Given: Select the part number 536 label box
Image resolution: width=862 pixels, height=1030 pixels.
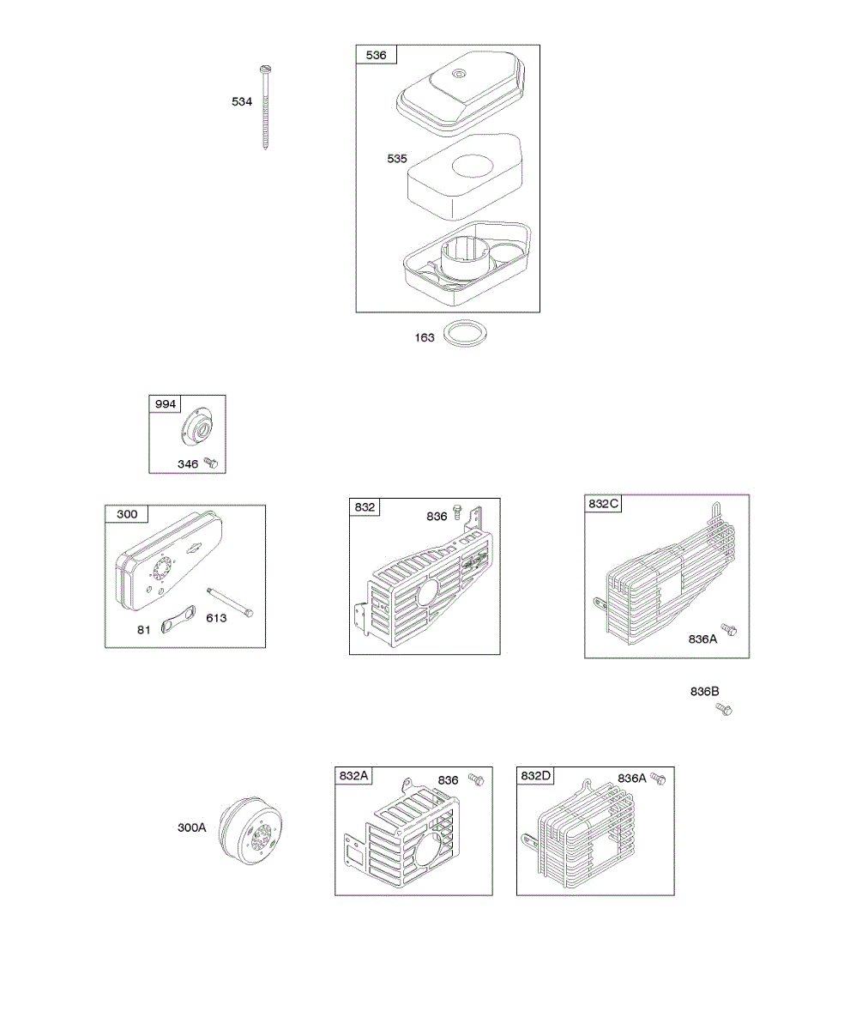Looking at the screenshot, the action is [x=376, y=55].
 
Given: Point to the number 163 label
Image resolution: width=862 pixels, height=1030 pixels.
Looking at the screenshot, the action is [x=425, y=337].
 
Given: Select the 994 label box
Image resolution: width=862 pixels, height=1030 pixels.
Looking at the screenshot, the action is [x=165, y=404].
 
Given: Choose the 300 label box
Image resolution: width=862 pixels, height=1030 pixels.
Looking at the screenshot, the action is [x=126, y=514].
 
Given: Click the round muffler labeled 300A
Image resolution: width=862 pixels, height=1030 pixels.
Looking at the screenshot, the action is [x=250, y=827].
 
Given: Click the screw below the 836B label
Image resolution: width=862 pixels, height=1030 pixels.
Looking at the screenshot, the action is [x=725, y=709].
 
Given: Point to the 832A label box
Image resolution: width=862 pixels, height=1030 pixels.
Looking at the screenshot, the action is [x=353, y=775].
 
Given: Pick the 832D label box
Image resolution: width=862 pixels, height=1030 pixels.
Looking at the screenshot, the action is [x=535, y=775].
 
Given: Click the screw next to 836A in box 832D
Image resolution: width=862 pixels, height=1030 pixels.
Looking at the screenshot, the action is [x=659, y=778].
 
